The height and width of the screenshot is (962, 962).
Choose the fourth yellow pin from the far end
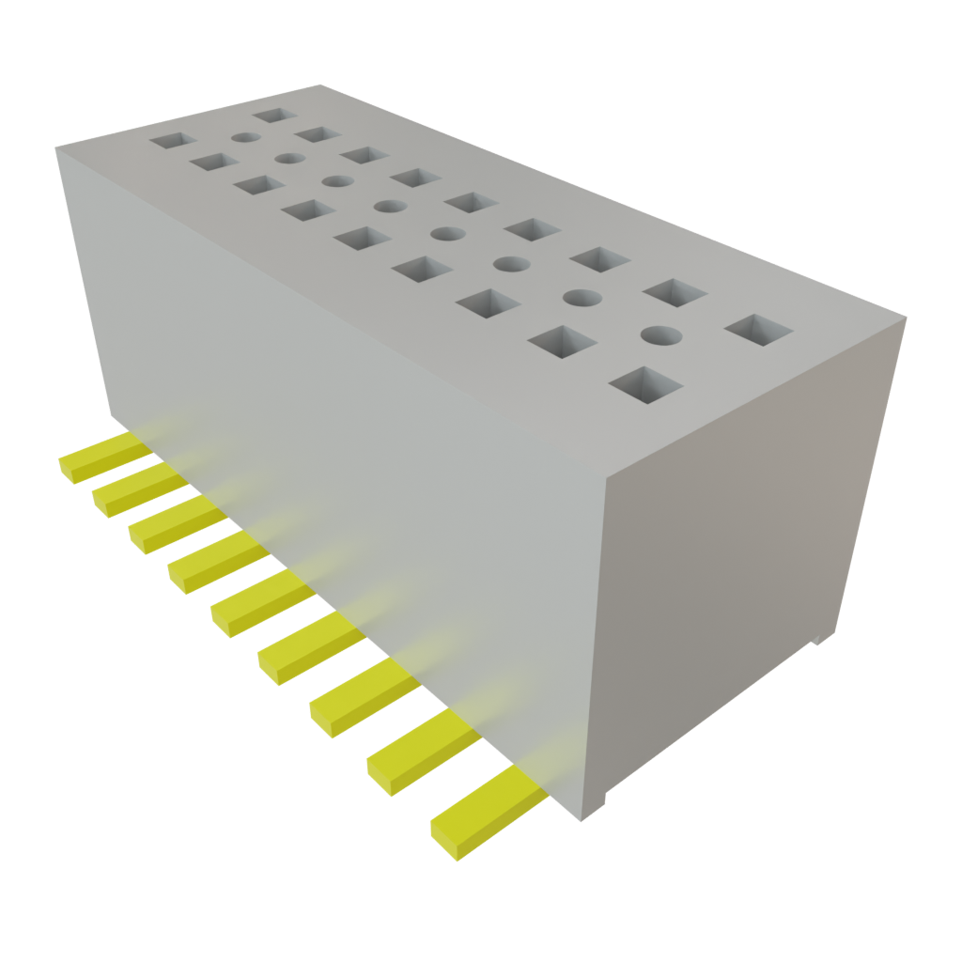pos(215,562)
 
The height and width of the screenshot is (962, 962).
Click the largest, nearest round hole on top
pos(661,334)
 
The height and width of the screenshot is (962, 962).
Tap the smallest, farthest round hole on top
pos(244,137)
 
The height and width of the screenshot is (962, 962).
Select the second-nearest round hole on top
pos(582,298)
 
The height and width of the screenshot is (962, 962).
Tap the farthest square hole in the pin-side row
pos(171,142)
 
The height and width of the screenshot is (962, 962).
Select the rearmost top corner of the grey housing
pos(319,85)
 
